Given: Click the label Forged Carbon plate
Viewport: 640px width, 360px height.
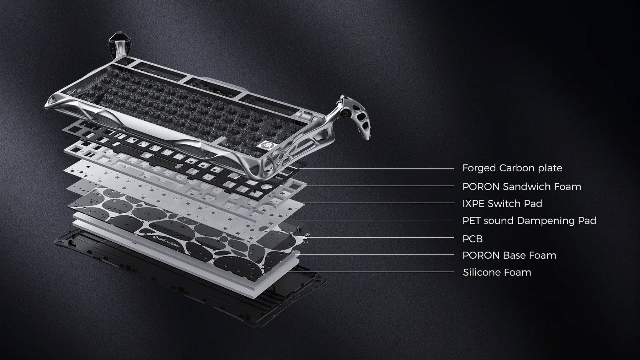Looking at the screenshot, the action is pos(512,168).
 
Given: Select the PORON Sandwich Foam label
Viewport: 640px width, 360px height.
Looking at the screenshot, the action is pos(522,187).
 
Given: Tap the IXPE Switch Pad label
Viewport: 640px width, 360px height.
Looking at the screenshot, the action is pos(502,204).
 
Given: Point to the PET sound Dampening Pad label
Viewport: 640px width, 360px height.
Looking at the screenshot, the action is pos(529,221).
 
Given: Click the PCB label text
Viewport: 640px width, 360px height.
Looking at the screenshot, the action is pos(473,239).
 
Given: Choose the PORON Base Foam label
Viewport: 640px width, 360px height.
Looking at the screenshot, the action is pos(509,255).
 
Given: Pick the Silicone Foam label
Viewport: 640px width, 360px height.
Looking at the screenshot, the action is pos(497,272).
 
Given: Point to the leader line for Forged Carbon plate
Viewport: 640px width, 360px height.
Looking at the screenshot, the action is pos(377,168).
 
